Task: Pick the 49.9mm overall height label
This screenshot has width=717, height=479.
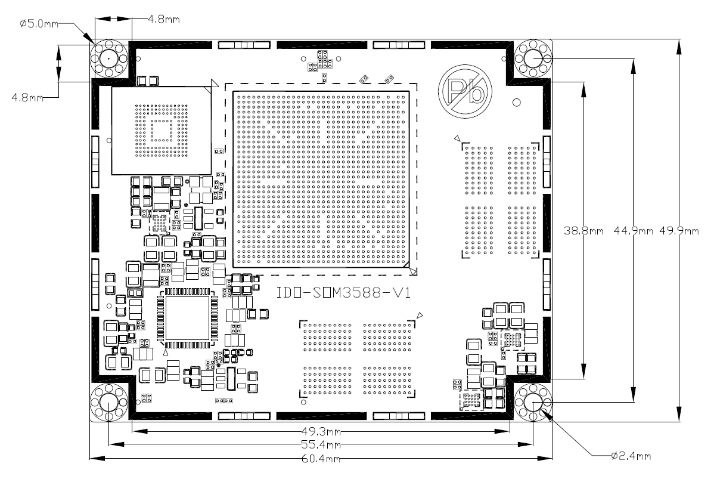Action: [x=678, y=230]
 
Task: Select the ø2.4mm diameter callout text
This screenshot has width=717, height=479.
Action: [x=631, y=456]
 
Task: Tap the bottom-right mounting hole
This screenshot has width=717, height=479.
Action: [x=533, y=403]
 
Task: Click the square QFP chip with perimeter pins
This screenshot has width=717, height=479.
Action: [x=187, y=318]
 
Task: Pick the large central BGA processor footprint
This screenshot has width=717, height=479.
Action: [x=321, y=178]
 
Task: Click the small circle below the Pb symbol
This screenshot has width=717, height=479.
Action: [x=517, y=102]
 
